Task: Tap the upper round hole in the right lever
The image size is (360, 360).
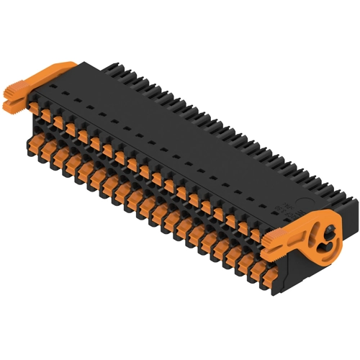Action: (328, 233)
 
